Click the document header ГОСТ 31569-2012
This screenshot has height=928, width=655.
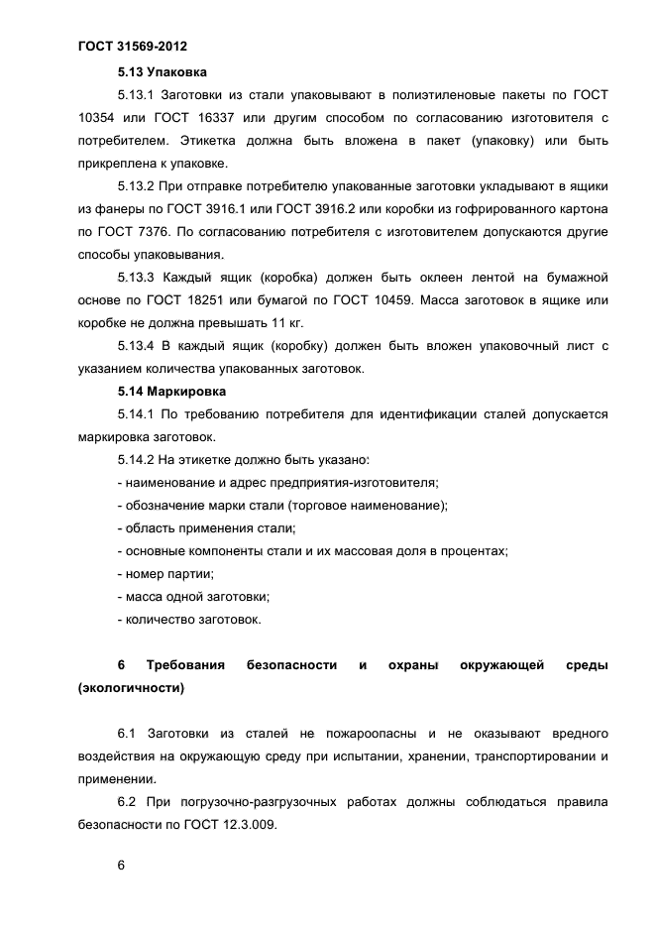tap(131, 47)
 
